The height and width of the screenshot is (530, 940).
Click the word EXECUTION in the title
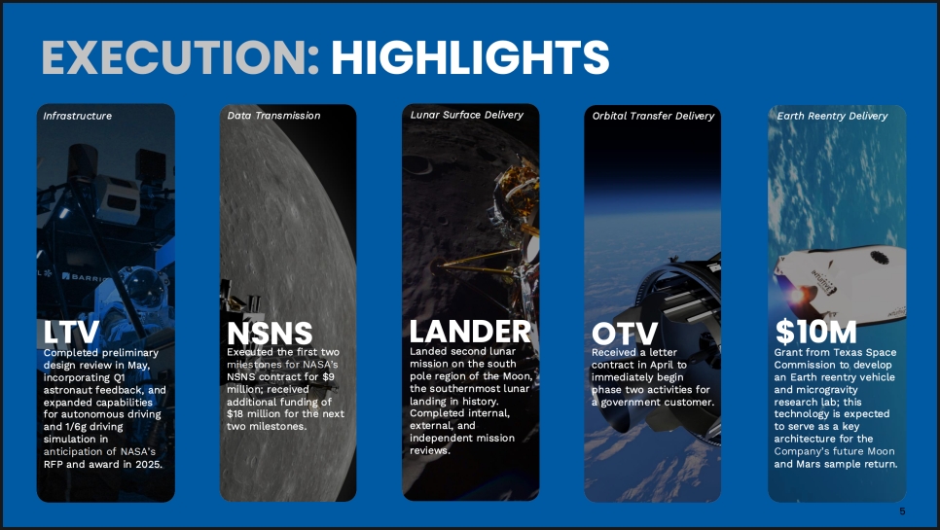pos(180,57)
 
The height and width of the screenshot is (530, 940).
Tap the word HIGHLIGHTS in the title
pos(470,57)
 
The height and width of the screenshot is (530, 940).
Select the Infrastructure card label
pos(77,116)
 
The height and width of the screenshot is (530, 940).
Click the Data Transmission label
pos(273,116)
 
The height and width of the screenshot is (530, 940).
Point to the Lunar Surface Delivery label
pos(466,115)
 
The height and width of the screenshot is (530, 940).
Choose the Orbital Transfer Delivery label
pos(653,116)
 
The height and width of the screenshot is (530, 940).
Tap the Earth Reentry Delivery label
pos(832,116)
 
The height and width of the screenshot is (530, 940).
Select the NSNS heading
pos(270,334)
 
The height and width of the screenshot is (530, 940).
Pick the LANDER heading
pos(470,332)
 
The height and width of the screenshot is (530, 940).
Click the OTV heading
pos(624,335)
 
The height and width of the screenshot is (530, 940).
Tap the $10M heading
pos(815,332)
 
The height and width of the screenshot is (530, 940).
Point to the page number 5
pos(902,511)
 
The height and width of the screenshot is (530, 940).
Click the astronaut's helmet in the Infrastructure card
pos(143,288)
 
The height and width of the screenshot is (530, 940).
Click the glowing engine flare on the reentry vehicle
pos(797,295)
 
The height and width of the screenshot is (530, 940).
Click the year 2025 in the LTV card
pos(148,464)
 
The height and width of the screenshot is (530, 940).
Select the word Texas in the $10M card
pos(847,353)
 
